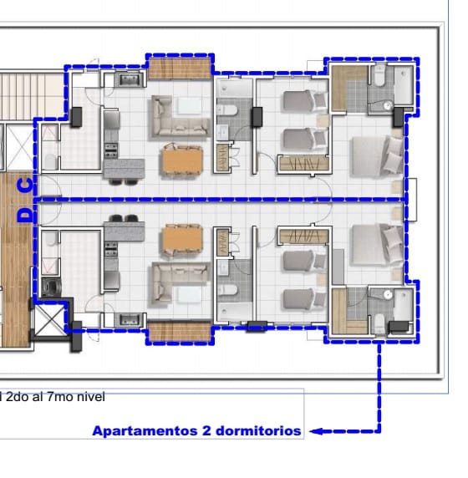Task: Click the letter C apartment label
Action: click(x=26, y=186)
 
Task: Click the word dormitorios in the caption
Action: click(x=258, y=431)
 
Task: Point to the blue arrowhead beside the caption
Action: click(x=316, y=431)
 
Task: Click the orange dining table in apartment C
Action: click(x=182, y=160)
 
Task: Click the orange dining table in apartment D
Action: click(x=182, y=240)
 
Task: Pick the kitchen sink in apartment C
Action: click(x=130, y=79)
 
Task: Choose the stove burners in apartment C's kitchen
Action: click(x=111, y=150)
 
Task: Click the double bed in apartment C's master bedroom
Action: click(x=378, y=156)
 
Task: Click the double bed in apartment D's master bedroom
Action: click(x=378, y=245)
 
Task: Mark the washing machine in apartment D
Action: click(x=51, y=287)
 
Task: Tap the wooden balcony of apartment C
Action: click(x=180, y=69)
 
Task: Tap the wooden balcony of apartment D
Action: click(x=180, y=332)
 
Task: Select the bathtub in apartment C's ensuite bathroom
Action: click(x=404, y=86)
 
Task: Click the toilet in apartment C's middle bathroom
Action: click(x=227, y=110)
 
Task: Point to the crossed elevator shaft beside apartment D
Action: click(x=49, y=319)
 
